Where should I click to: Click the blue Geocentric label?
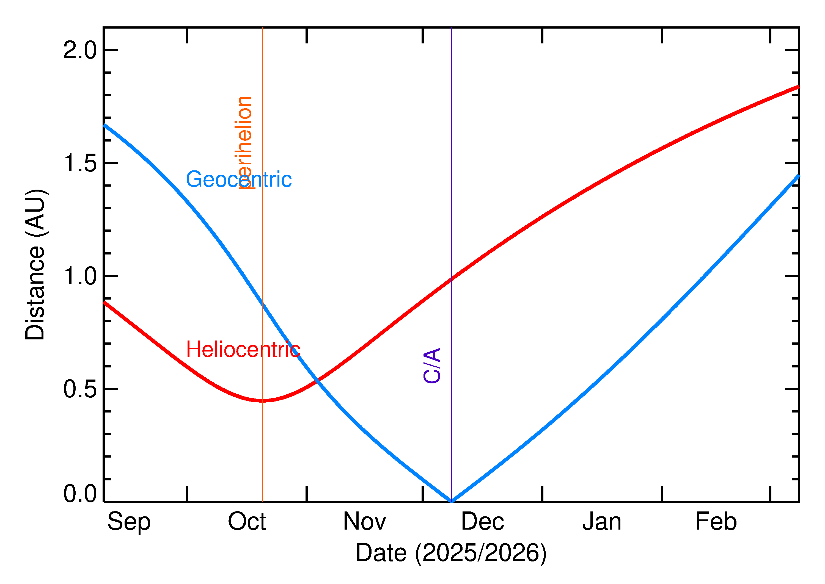coord(238,179)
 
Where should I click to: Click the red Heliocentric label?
coord(243,350)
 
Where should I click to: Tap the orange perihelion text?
coord(244,142)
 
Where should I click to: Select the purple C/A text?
coord(432,365)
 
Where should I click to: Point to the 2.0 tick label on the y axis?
coord(80,50)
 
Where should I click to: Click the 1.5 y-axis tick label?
coord(80,164)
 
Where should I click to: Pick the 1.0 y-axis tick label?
coord(80,276)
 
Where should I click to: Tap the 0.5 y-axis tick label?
coord(80,389)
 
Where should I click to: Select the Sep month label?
coord(129,522)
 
